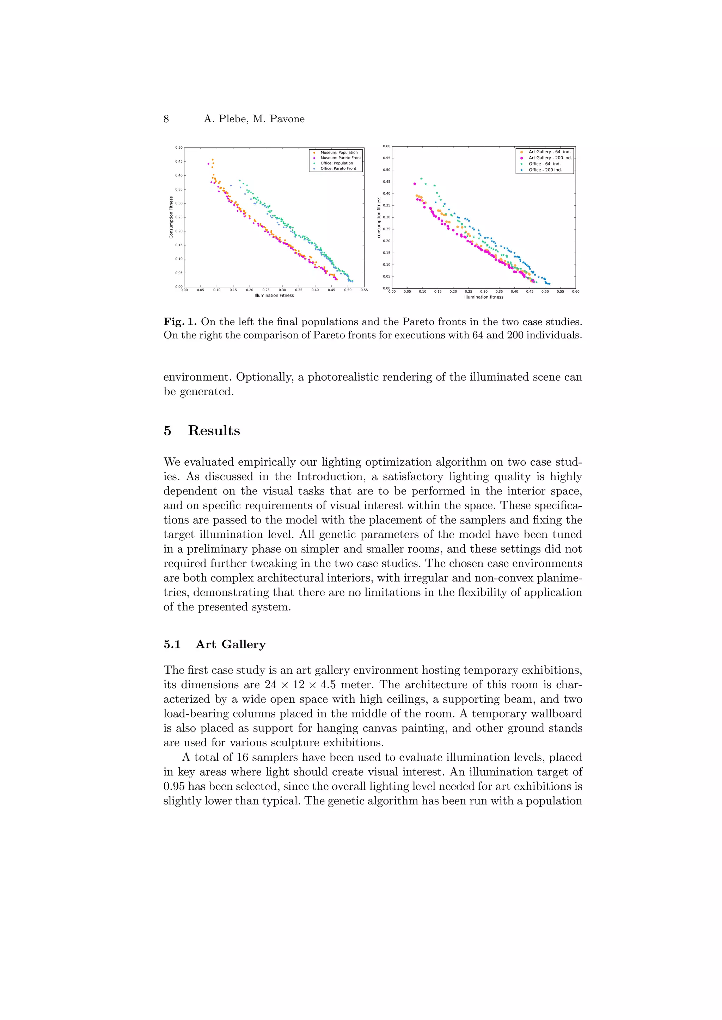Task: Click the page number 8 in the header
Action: click(x=166, y=119)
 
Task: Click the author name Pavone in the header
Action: click(x=287, y=119)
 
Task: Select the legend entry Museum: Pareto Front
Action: click(x=341, y=158)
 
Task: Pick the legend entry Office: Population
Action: click(x=337, y=163)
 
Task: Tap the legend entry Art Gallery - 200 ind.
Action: click(x=550, y=158)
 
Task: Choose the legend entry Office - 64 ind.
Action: click(x=544, y=164)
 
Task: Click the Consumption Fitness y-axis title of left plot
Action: click(x=171, y=217)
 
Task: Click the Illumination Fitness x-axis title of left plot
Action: click(x=274, y=296)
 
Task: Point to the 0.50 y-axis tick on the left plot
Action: click(x=179, y=148)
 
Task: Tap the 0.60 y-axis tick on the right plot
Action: click(x=386, y=146)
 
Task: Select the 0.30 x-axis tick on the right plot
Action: click(x=484, y=292)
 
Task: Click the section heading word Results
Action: click(x=214, y=430)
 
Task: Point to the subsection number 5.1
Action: click(x=172, y=644)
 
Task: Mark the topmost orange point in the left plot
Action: click(x=213, y=160)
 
